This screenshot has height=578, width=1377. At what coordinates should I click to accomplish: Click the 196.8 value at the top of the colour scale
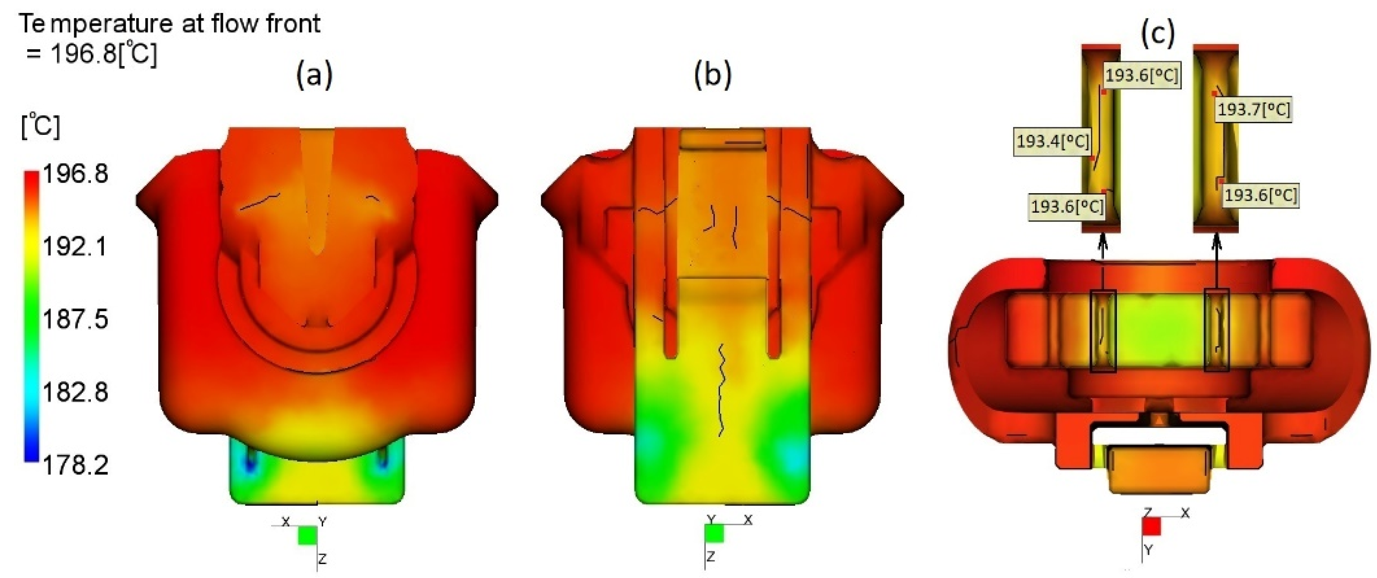tap(76, 174)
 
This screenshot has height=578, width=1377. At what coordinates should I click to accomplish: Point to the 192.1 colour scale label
tap(76, 247)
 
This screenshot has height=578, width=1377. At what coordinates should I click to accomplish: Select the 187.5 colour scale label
tap(76, 320)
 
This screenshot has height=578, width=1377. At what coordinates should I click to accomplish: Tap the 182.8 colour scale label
tap(76, 393)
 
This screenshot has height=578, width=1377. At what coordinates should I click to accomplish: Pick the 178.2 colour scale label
tap(76, 465)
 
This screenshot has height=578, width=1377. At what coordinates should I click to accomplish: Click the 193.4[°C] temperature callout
tap(1052, 142)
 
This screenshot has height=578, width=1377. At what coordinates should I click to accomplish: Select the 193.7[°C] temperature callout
tap(1254, 110)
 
